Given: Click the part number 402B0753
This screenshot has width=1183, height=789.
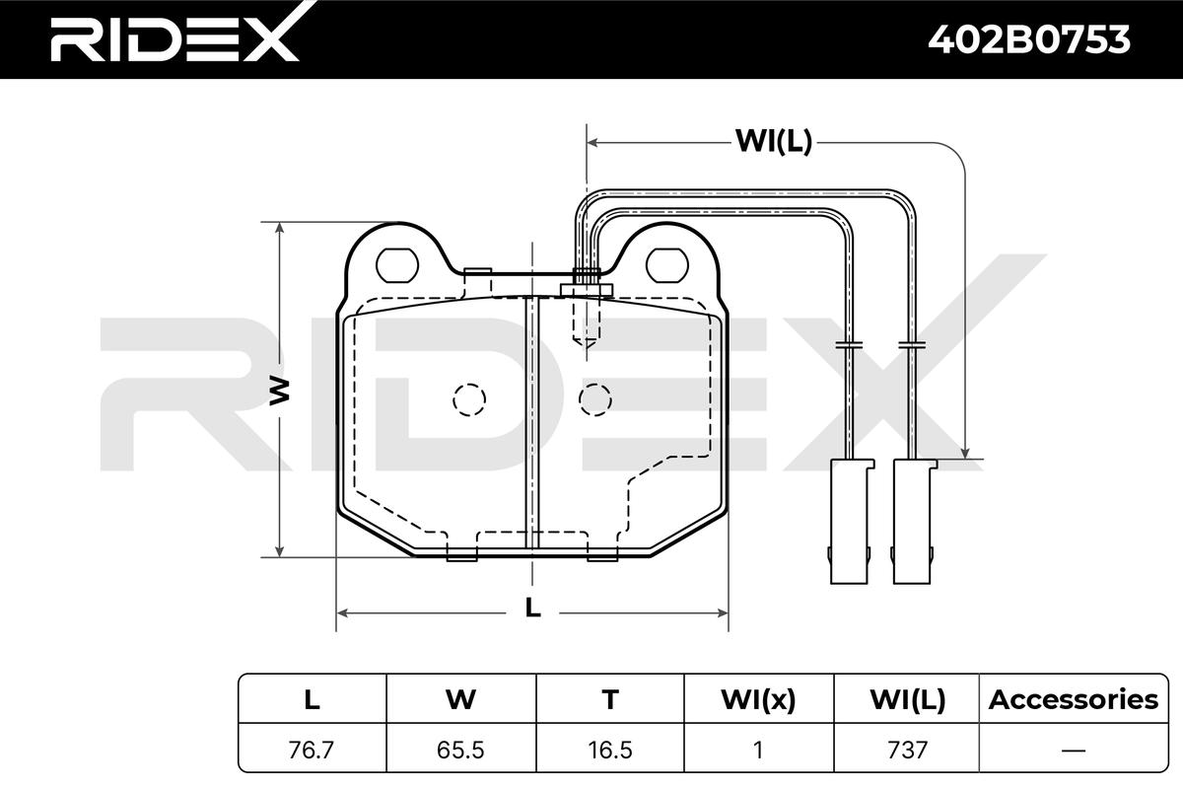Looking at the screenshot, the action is click(1029, 40).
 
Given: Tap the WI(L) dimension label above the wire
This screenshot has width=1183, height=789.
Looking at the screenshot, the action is click(774, 142).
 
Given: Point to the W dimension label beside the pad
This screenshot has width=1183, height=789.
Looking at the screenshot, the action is click(279, 392).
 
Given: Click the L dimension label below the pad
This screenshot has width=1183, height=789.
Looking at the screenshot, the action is click(533, 608).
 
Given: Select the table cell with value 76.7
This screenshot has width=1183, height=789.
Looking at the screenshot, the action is click(312, 750).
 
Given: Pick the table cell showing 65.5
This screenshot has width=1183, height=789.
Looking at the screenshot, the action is click(460, 750).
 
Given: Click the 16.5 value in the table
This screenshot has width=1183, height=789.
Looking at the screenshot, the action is click(610, 750).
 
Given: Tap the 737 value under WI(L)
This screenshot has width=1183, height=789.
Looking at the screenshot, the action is click(907, 750).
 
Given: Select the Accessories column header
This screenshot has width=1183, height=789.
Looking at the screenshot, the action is click(1074, 699).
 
